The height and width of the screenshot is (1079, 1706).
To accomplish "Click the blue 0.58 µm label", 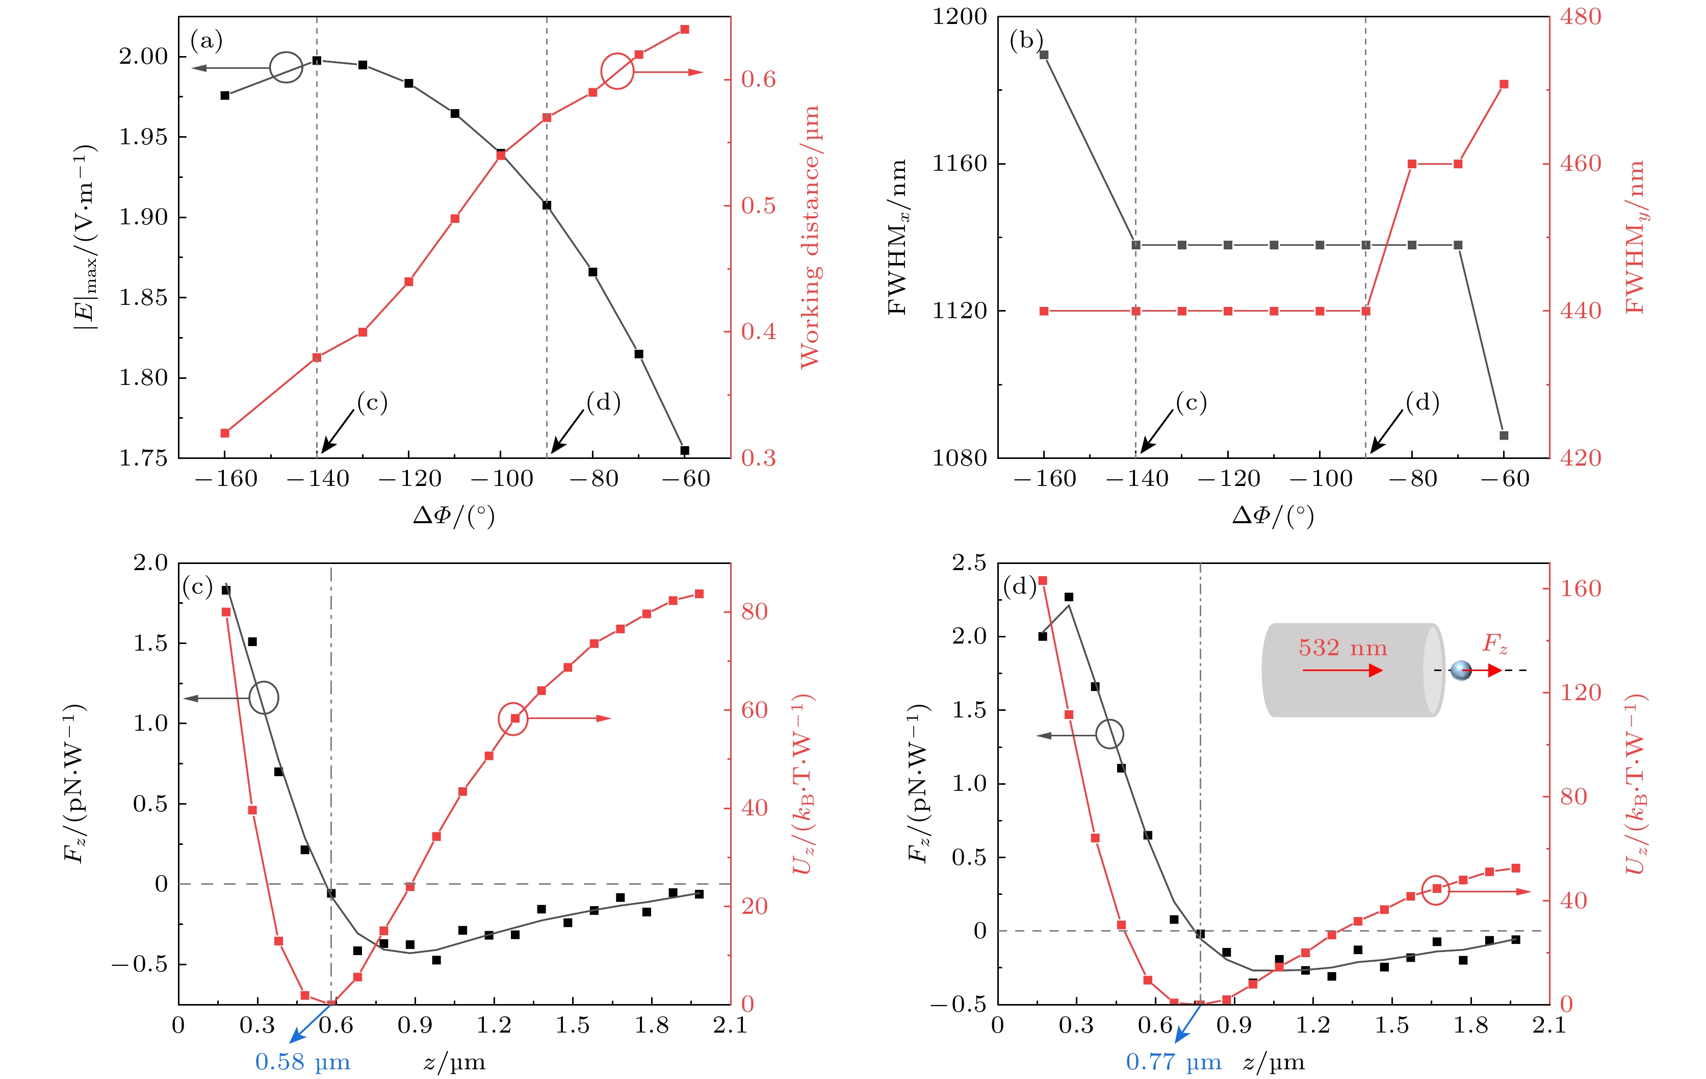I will [302, 1061].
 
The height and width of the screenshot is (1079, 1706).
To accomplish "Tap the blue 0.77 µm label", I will [1173, 1061].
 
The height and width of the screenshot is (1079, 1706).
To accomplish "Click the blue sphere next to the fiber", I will [1461, 670].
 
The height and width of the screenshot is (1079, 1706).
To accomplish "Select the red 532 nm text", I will [1342, 648].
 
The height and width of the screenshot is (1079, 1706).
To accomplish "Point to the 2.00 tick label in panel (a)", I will [143, 56].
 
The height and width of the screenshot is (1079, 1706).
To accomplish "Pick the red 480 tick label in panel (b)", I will [1581, 16].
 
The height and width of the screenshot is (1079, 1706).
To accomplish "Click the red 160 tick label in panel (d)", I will [1581, 588].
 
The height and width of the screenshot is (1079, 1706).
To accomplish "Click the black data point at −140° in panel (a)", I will [317, 60].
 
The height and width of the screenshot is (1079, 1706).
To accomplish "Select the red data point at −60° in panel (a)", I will [684, 29].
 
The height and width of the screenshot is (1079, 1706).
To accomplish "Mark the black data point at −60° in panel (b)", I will [1504, 435].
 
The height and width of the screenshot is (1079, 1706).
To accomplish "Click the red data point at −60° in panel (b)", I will [1504, 84].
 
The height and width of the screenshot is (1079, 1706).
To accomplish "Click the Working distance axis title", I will [809, 237].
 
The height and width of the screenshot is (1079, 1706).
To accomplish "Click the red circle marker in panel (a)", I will [617, 71].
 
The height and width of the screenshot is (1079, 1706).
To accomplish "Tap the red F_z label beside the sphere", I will [1495, 644].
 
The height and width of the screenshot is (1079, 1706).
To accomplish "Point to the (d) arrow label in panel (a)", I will [603, 402].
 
